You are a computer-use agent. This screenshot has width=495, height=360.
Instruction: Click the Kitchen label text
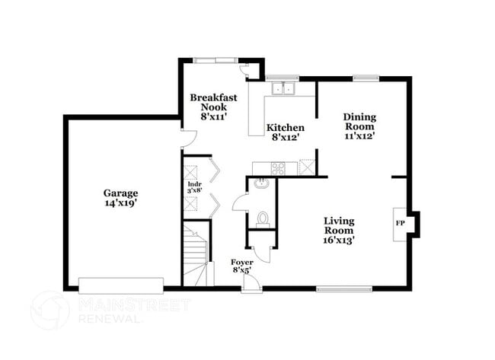point(285,127)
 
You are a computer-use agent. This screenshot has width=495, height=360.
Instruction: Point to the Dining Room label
point(360,121)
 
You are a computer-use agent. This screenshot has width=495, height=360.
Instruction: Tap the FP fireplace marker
point(400,223)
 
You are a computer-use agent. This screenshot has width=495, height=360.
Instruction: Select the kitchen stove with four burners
point(278,167)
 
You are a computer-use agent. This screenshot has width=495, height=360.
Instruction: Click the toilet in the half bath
point(263,219)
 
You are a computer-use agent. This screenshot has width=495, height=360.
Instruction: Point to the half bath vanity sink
point(260,183)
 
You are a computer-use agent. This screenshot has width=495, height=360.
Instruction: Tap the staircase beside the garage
point(196,256)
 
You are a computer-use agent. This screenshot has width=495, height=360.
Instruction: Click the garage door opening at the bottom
point(121,285)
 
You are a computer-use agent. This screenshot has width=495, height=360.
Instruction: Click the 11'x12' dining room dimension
point(360,137)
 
